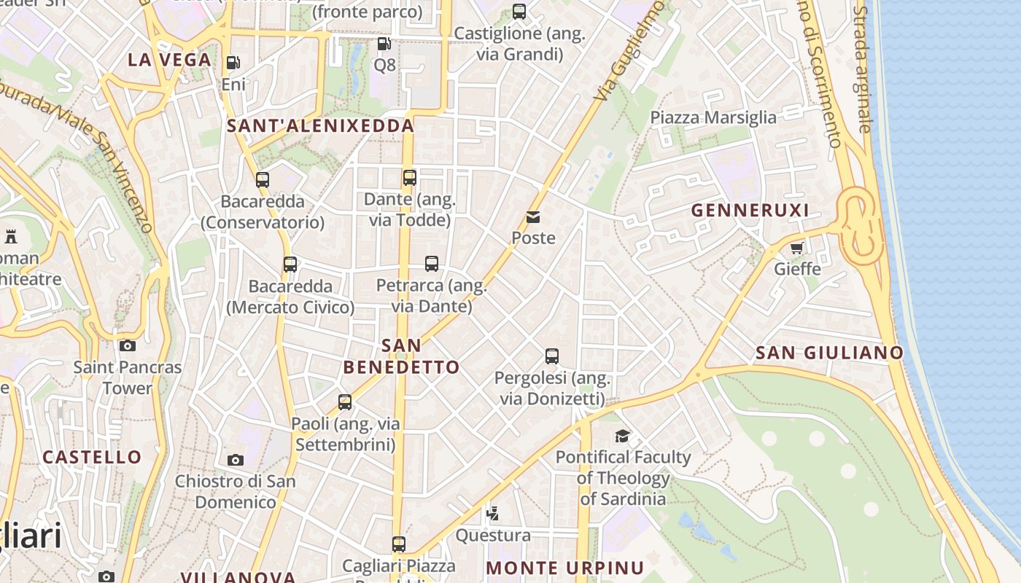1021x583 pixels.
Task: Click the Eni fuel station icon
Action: (233, 63)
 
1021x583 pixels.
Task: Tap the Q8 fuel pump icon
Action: (384, 44)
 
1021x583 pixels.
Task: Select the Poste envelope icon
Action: (533, 217)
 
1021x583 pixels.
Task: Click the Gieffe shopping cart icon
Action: (797, 248)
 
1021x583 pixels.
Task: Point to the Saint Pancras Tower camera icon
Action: (128, 345)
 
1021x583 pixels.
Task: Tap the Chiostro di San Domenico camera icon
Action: (235, 460)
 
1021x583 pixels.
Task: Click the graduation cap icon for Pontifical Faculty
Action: (622, 436)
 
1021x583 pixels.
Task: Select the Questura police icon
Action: (493, 514)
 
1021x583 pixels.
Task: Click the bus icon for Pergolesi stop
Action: (552, 356)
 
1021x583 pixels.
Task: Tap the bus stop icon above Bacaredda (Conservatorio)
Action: (263, 179)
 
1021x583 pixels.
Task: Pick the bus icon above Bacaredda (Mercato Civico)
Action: (290, 265)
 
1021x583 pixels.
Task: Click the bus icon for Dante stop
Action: (410, 177)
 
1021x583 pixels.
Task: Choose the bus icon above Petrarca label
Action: (432, 263)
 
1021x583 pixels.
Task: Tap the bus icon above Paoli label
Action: (345, 402)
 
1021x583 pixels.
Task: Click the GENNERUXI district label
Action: (750, 211)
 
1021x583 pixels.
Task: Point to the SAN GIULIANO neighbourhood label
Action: (829, 353)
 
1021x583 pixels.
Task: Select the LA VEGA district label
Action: (169, 60)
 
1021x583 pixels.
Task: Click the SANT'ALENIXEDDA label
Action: (320, 126)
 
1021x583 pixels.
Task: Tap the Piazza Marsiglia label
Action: (713, 117)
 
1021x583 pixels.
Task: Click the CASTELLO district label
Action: (92, 458)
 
